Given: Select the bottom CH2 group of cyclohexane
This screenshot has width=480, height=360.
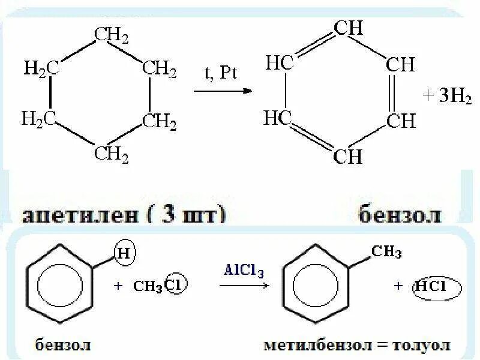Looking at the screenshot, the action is pyautogui.click(x=111, y=155).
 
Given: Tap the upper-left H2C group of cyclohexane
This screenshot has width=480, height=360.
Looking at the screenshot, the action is pyautogui.click(x=41, y=68).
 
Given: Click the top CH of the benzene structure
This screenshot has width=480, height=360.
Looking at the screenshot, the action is pyautogui.click(x=348, y=28).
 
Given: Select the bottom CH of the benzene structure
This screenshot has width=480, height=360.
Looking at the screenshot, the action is pyautogui.click(x=348, y=157).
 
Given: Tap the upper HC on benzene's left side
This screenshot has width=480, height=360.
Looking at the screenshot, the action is pyautogui.click(x=278, y=64).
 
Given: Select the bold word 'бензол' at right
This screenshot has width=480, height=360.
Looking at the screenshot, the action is pyautogui.click(x=400, y=214).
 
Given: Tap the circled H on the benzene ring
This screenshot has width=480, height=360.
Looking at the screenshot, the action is pyautogui.click(x=124, y=254).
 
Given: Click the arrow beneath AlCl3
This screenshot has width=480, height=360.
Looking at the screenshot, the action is pyautogui.click(x=243, y=287).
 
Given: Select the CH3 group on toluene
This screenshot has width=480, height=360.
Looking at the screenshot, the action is pyautogui.click(x=386, y=252).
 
